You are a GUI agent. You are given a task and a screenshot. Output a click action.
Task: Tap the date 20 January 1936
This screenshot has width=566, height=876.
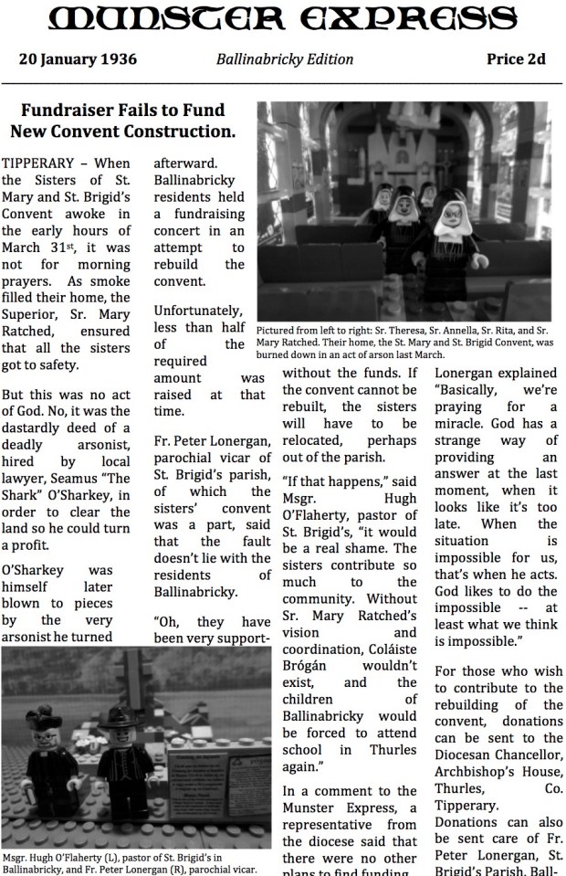click(x=79, y=60)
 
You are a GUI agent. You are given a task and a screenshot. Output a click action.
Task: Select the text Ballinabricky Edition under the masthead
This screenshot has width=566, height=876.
click(x=284, y=60)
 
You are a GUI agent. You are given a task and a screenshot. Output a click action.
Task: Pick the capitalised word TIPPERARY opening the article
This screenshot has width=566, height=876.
click(x=38, y=163)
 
